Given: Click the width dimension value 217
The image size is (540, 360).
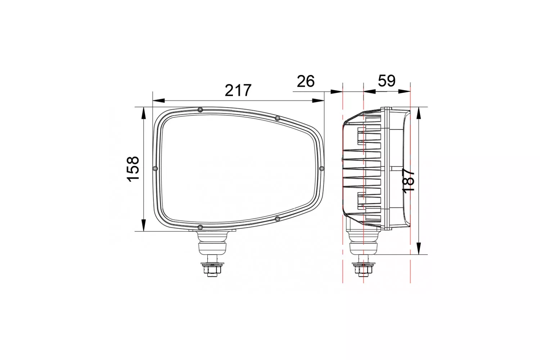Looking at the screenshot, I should [238, 90].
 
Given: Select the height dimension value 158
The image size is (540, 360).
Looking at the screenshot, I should [133, 169].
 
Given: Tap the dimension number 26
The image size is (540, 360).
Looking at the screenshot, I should [306, 81].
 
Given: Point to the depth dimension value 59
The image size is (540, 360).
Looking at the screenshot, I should [387, 81].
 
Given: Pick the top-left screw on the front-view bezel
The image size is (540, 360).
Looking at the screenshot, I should [200, 109].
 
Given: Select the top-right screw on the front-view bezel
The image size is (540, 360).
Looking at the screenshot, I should [277, 118].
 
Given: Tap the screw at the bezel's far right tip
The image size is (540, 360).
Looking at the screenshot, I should [322, 168].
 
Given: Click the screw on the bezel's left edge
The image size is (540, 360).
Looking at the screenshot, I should [155, 168].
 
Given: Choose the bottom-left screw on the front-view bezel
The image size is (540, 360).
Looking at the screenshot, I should [200, 227].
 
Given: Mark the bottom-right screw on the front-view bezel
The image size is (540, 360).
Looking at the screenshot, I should [277, 219].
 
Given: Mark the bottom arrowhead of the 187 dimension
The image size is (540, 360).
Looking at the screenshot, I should [419, 248].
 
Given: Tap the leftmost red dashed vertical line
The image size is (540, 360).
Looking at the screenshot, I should [343, 180].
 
